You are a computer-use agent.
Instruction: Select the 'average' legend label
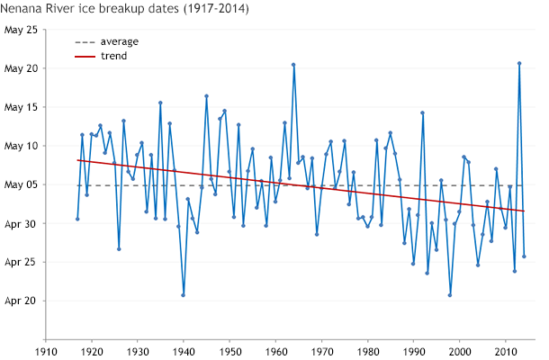point(120,41)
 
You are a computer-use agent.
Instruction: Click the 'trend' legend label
point(114,56)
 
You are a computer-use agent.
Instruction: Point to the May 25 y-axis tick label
point(21,30)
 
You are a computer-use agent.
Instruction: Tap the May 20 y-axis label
point(21,68)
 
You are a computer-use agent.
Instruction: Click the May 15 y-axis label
point(21,107)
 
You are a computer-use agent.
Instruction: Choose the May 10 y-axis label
point(21,146)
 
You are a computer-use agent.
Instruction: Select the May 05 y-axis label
point(21,184)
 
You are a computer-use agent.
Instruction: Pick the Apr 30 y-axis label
point(21,223)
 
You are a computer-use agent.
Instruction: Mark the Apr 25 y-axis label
point(21,262)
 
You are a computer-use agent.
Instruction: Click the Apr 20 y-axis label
point(21,301)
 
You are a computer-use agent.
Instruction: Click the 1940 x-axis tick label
point(184,353)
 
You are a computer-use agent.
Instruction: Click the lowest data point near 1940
point(184,295)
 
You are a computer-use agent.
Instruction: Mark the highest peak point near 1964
point(293,64)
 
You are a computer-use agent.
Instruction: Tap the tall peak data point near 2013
point(519,63)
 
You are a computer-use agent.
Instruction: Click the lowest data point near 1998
point(450,295)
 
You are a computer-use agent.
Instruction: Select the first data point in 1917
point(77,219)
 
